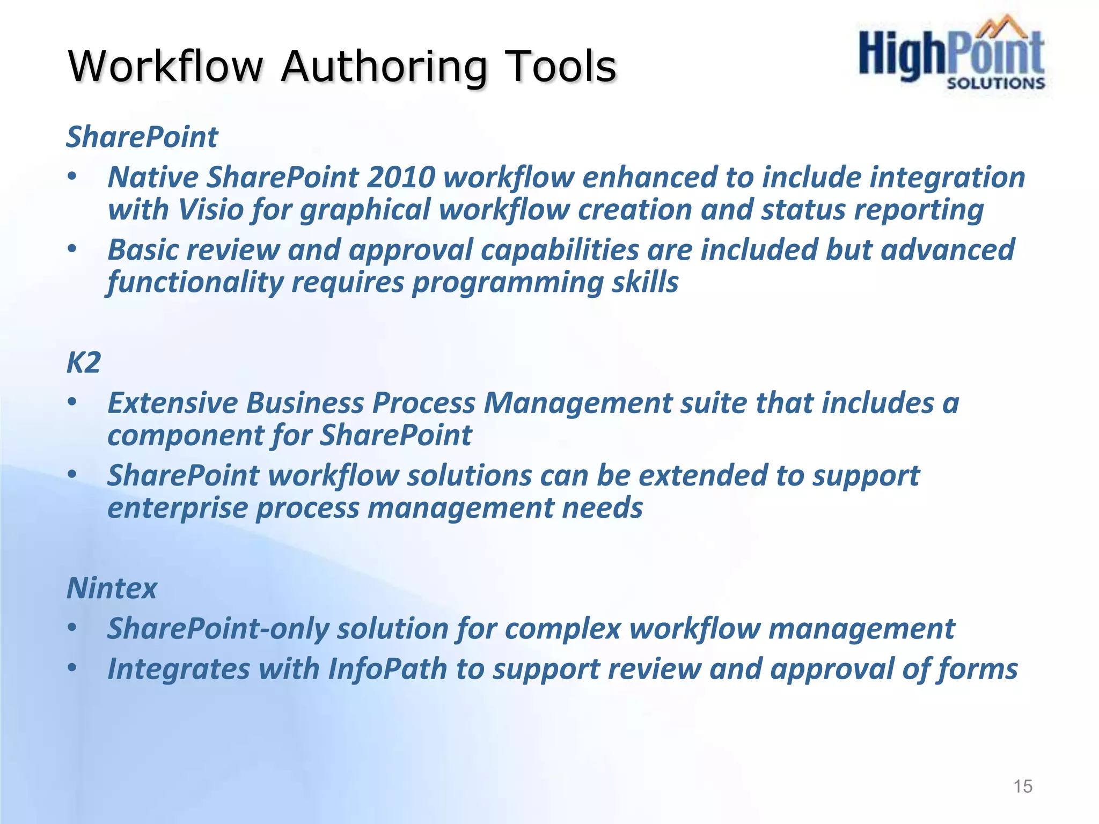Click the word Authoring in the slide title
point(384,67)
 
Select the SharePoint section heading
point(142,137)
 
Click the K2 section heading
point(84,363)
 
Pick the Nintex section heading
point(112,588)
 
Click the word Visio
point(211,209)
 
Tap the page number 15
point(1022,786)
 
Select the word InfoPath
point(387,669)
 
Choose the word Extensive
point(172,403)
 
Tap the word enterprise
point(177,508)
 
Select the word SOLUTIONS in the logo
point(995,83)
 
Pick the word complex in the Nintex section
point(562,629)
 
